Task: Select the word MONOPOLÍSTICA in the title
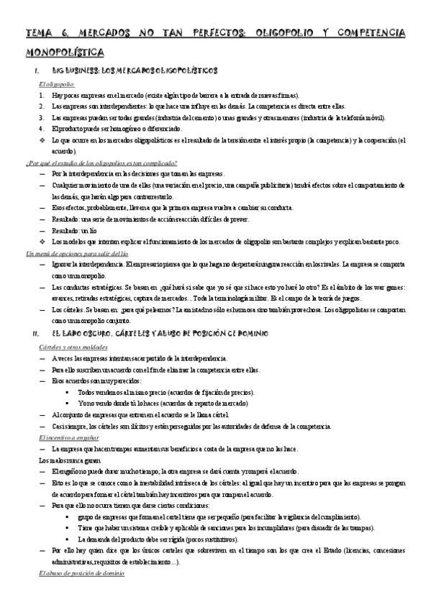click(65, 52)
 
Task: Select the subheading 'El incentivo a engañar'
click(68, 437)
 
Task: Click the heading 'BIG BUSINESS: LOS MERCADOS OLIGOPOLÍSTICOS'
click(134, 72)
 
